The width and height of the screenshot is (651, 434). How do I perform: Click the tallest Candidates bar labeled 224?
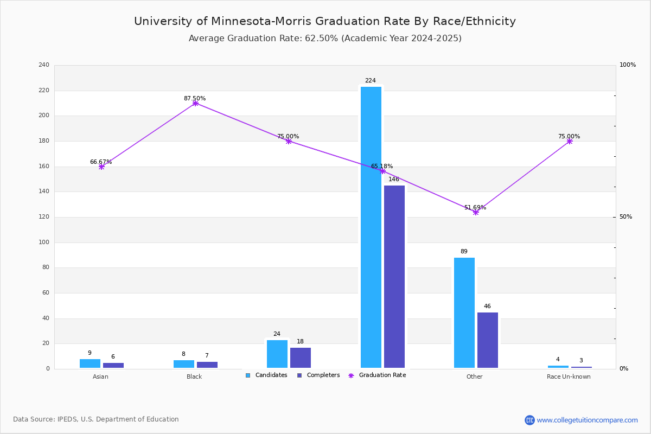click(x=371, y=227)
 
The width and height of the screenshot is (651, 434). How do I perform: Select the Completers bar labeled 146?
click(x=394, y=277)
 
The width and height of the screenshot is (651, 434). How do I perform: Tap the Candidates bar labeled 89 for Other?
click(x=464, y=313)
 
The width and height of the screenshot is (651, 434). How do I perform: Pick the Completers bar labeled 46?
click(x=487, y=340)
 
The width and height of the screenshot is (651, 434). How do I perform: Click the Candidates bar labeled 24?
click(x=277, y=354)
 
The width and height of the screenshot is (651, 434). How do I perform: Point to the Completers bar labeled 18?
click(x=301, y=358)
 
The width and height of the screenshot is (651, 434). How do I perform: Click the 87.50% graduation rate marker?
click(x=195, y=103)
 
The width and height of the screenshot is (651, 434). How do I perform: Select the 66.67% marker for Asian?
click(x=101, y=167)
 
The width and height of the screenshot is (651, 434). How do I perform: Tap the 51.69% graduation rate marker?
click(x=476, y=213)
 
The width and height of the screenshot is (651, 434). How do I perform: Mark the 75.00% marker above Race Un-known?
click(x=570, y=141)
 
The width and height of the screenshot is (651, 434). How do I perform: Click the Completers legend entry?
click(x=318, y=375)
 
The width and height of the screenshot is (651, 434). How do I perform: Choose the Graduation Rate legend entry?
click(x=377, y=375)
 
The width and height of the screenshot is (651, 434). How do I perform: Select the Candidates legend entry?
click(x=266, y=375)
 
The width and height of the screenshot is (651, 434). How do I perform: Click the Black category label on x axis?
click(x=194, y=376)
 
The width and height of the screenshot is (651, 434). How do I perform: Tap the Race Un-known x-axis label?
click(x=569, y=376)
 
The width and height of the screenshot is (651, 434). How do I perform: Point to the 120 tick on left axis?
click(x=44, y=217)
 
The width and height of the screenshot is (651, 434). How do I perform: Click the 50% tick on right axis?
click(x=626, y=217)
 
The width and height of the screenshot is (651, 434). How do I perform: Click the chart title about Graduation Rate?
click(x=325, y=21)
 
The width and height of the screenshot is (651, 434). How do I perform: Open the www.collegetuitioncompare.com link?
click(x=587, y=420)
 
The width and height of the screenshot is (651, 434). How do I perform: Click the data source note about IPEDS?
click(x=96, y=419)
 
